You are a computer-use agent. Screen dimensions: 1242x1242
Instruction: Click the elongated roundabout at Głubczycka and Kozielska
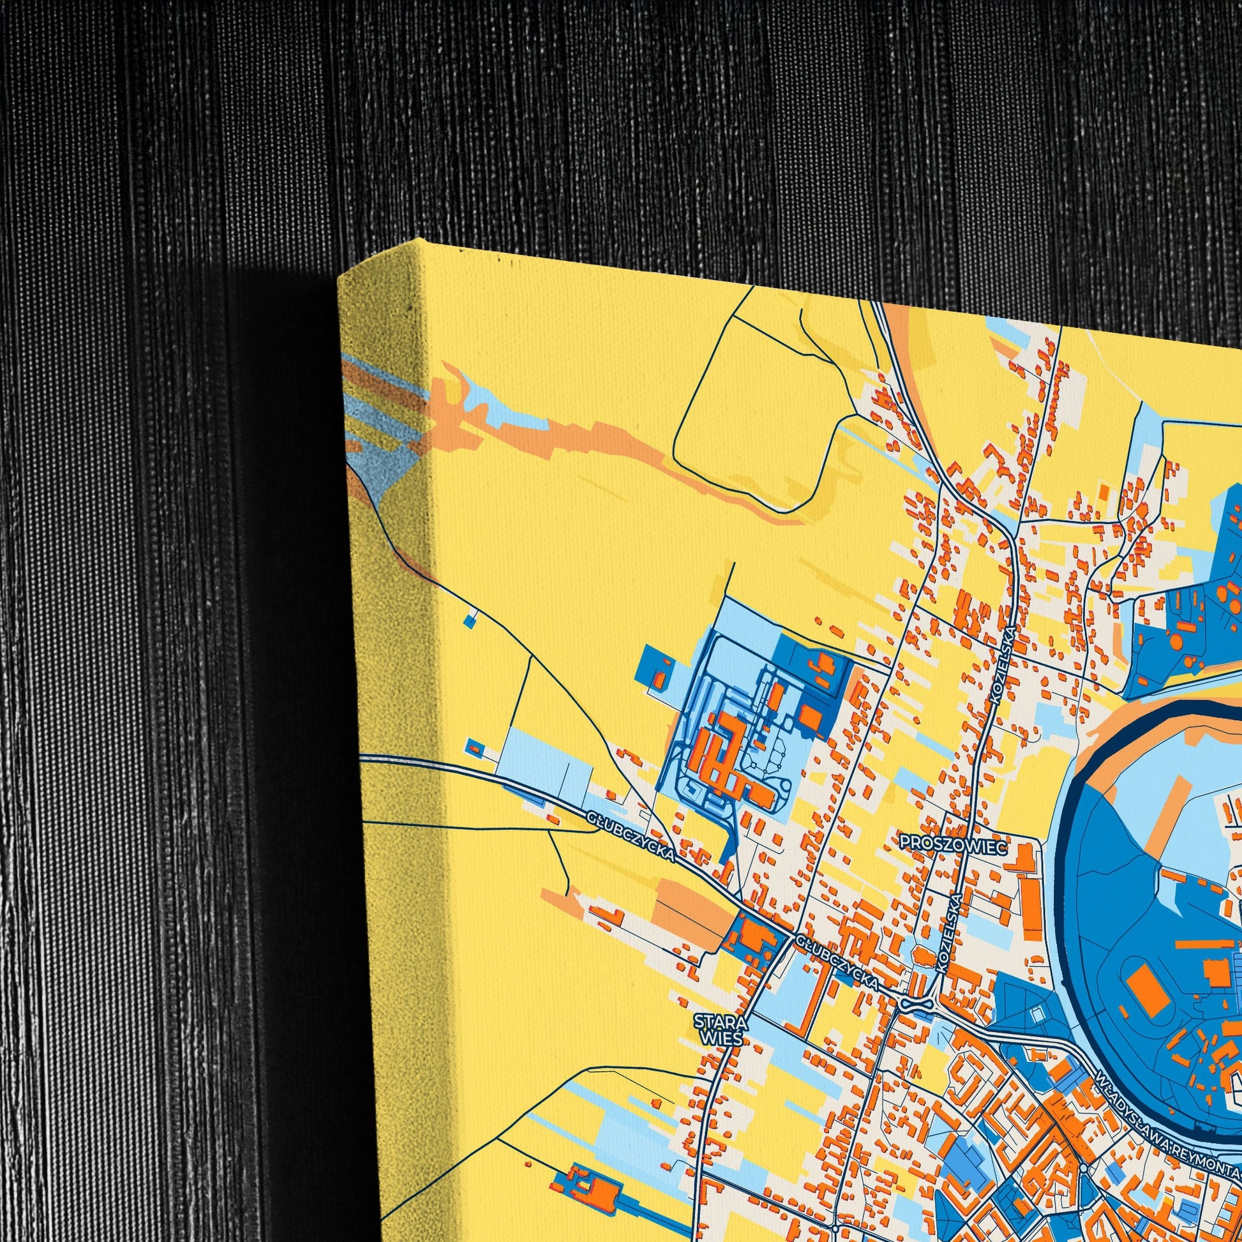917,1003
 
